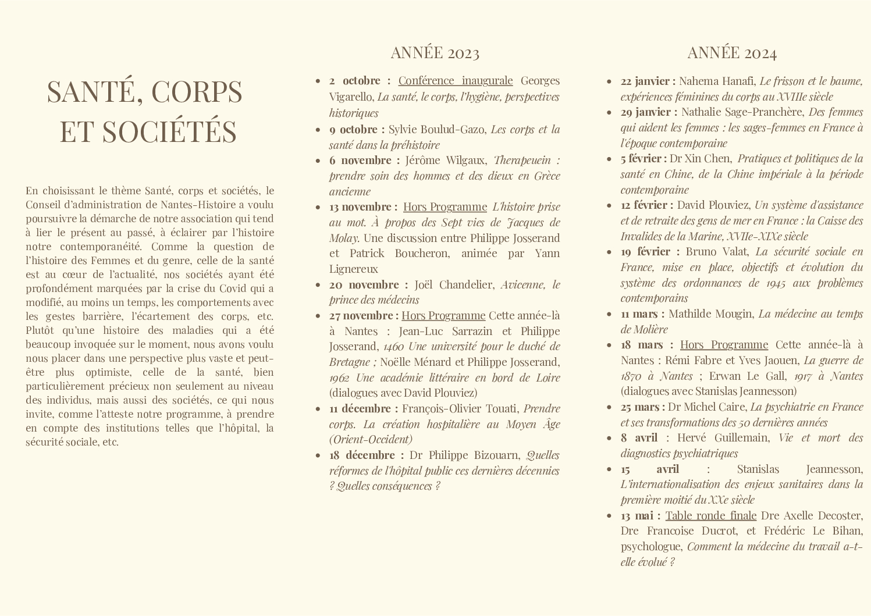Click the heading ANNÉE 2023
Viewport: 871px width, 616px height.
[435, 53]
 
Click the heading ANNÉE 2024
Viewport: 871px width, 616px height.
[731, 53]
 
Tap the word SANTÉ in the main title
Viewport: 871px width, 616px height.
[95, 91]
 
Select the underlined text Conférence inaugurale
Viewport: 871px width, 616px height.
[456, 80]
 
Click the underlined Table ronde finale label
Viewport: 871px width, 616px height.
[710, 515]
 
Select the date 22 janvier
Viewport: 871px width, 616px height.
[648, 81]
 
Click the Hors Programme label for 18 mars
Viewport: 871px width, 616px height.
[724, 344]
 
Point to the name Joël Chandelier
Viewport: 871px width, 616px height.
[454, 284]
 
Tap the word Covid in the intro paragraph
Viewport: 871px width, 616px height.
[233, 288]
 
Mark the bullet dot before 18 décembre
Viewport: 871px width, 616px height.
[317, 455]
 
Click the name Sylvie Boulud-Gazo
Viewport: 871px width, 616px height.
[436, 129]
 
